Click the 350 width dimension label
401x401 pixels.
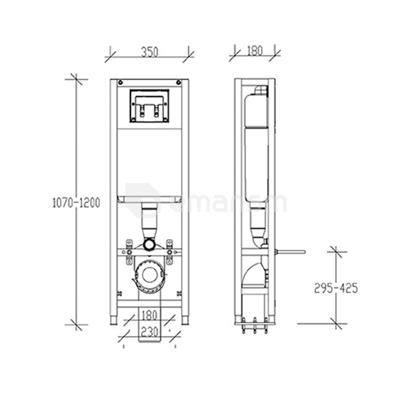click(150, 52)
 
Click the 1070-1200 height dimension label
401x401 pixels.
click(76, 203)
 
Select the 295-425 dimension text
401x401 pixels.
click(336, 288)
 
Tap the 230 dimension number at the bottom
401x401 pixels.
click(150, 332)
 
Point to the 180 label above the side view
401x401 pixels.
click(255, 51)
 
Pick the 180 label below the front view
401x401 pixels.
click(150, 315)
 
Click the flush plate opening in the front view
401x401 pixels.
click(150, 106)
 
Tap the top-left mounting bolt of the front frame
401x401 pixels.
click(121, 82)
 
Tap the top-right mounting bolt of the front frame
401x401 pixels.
click(178, 82)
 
